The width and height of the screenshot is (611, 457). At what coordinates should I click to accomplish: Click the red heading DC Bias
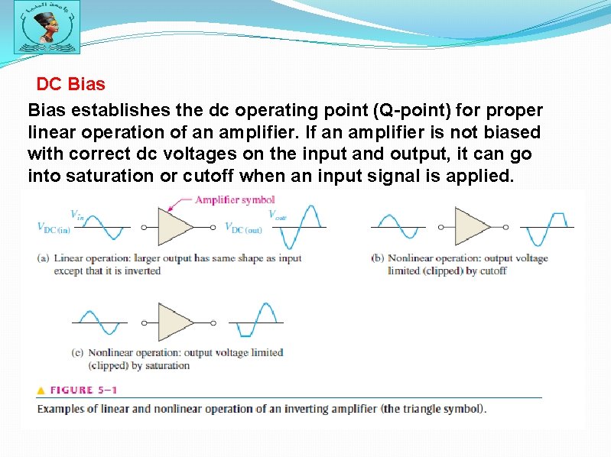click(70, 83)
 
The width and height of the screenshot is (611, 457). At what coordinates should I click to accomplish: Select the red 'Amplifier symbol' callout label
click(234, 200)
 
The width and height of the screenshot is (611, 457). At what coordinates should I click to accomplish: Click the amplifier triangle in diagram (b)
click(471, 226)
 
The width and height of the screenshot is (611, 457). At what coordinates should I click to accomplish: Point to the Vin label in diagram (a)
click(77, 214)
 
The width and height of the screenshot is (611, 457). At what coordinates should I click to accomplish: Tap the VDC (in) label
click(53, 227)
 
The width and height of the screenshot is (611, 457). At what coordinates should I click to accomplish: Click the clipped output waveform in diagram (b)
click(547, 226)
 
